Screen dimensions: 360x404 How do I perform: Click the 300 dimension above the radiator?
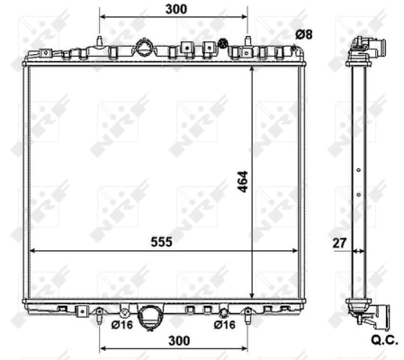(176, 9)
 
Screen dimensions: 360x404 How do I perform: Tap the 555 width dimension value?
(161, 241)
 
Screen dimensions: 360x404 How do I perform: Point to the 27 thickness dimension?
(338, 241)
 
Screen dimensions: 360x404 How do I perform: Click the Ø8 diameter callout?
(305, 34)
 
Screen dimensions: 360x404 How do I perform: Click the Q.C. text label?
(384, 340)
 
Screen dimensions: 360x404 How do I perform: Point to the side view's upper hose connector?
(371, 47)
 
